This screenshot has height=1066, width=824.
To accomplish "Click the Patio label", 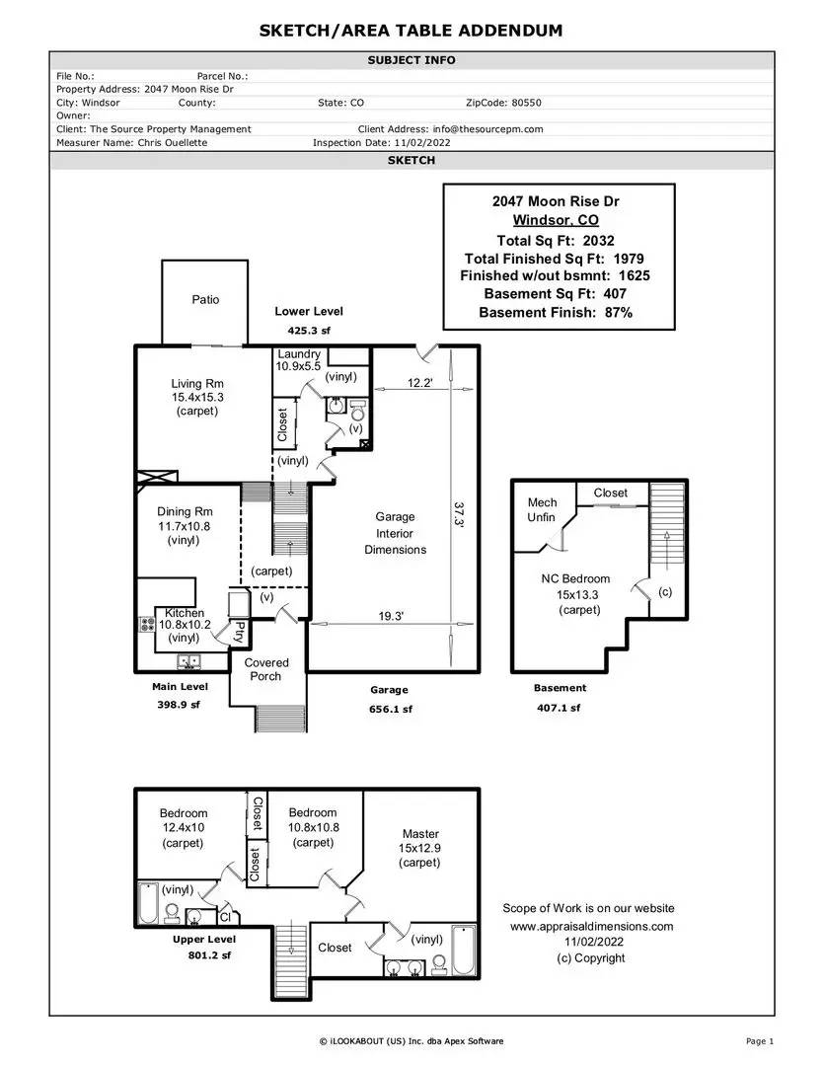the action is (205, 300).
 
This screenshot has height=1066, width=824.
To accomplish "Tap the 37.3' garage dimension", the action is (459, 514).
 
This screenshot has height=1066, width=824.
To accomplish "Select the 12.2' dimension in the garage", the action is (419, 383).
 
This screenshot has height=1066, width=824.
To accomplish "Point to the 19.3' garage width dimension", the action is (391, 616).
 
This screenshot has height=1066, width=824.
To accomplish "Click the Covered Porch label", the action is (265, 669).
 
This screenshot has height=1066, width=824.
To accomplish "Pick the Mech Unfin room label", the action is (542, 510).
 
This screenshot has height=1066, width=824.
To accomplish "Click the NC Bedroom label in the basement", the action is (575, 578).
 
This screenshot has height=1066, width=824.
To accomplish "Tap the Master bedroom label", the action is (420, 833).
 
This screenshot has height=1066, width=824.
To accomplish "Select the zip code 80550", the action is (526, 103).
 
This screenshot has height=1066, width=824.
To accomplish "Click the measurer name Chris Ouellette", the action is (173, 143).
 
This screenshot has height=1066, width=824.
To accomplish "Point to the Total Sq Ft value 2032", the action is (598, 241).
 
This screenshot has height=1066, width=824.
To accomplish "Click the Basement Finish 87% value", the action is (619, 313).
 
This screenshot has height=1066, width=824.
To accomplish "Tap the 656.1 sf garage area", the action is (391, 709).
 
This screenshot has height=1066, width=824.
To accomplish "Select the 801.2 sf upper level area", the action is (209, 955).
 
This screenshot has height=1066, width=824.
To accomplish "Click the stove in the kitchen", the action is (147, 624).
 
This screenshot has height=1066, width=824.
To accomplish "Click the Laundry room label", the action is (298, 354).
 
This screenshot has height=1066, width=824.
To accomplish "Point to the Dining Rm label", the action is (185, 512).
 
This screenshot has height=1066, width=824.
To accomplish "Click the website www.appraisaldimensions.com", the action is (591, 926).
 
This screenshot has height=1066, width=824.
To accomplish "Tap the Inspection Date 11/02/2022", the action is (422, 143).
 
